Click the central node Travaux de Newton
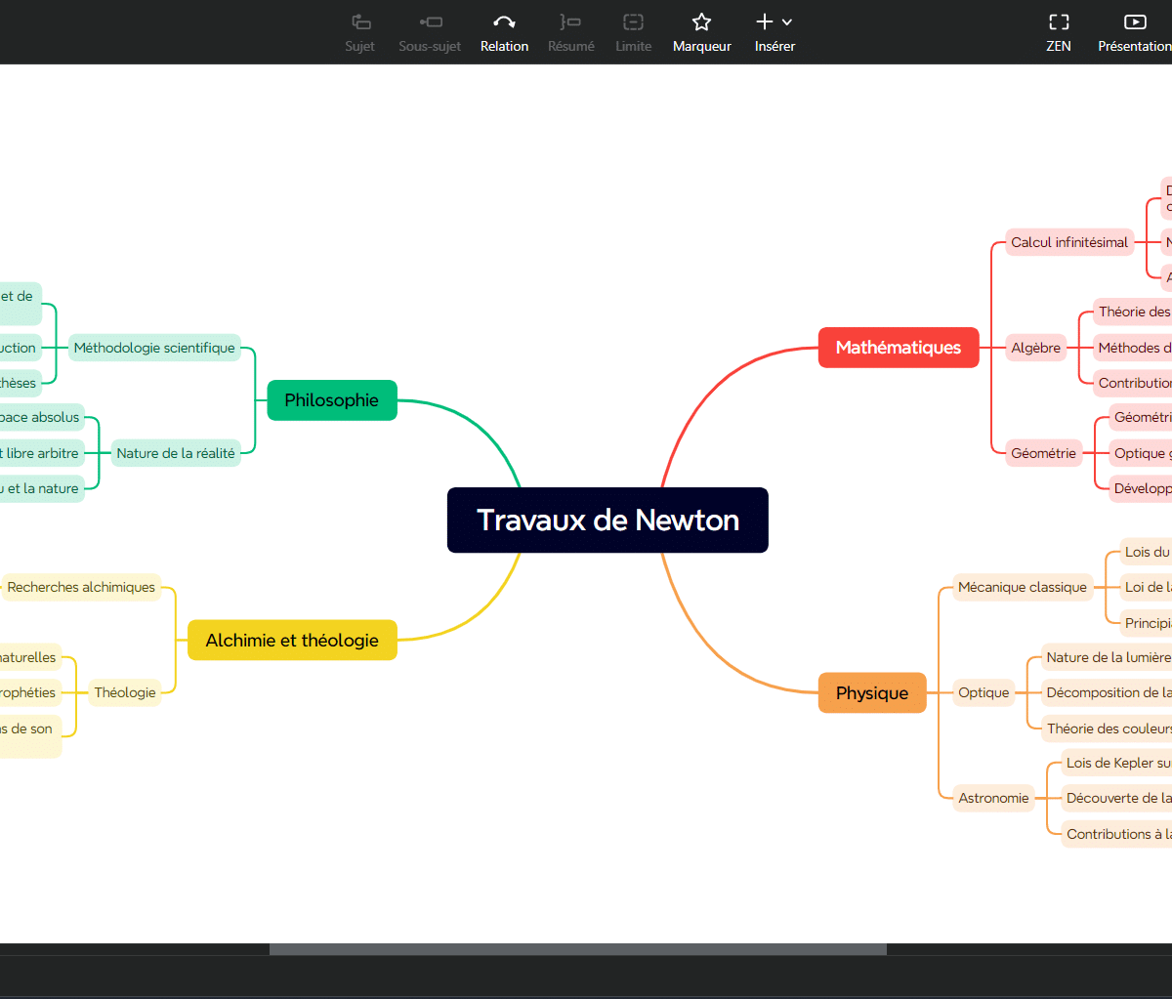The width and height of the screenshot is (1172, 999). click(x=607, y=520)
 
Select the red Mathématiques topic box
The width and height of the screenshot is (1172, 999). click(x=898, y=348)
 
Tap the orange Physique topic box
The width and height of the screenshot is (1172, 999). click(x=871, y=693)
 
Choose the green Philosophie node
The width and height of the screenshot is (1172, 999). click(x=331, y=400)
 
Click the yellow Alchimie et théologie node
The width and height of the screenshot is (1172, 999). click(x=292, y=641)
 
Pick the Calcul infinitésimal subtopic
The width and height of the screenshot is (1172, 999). click(x=1068, y=242)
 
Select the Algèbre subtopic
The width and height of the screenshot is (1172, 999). click(x=1035, y=348)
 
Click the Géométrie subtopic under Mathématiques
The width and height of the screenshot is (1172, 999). click(x=1043, y=453)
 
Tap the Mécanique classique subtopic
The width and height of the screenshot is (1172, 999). click(x=1022, y=587)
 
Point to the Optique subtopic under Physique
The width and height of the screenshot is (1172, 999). click(x=983, y=692)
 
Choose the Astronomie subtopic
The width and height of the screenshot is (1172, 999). click(x=993, y=798)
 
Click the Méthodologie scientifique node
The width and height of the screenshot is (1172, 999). click(x=154, y=348)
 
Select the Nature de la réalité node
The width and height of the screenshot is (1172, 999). click(x=176, y=453)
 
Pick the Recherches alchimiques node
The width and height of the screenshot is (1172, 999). click(x=81, y=587)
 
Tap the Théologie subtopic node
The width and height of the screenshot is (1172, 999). click(x=125, y=692)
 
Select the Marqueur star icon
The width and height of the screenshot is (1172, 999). click(x=701, y=22)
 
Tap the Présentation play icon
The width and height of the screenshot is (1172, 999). click(x=1134, y=22)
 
